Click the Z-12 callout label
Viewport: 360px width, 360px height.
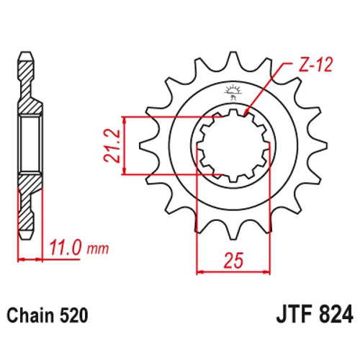click(x=315, y=65)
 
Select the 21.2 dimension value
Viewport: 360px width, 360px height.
click(x=112, y=145)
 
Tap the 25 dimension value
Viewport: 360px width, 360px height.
click(x=233, y=261)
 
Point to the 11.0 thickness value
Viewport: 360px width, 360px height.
click(x=65, y=248)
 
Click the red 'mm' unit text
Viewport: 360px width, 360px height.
click(x=98, y=249)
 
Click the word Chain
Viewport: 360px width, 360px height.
click(x=30, y=315)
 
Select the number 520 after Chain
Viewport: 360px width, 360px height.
click(x=73, y=315)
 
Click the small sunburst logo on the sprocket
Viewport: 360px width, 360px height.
click(x=233, y=91)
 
